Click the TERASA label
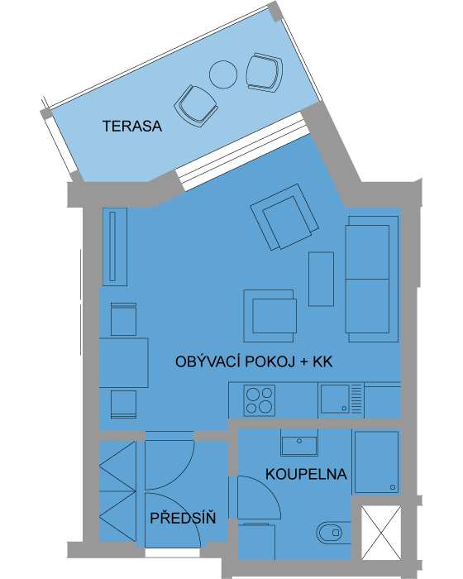pyautogui.click(x=131, y=127)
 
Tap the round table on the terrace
pyautogui.click(x=223, y=74)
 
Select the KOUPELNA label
pyautogui.click(x=306, y=474)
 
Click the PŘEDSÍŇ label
pyautogui.click(x=183, y=518)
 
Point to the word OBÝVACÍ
pyautogui.click(x=208, y=361)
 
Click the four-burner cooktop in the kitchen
pyautogui.click(x=259, y=400)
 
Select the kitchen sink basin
pyautogui.click(x=335, y=399)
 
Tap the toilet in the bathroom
pyautogui.click(x=333, y=533)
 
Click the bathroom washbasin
pyautogui.click(x=299, y=442)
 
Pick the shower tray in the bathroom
pyautogui.click(x=377, y=462)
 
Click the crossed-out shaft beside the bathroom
pyautogui.click(x=381, y=533)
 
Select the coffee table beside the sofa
pyautogui.click(x=322, y=280)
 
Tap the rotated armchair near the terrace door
pyautogui.click(x=284, y=217)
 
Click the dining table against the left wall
pyautogui.click(x=124, y=362)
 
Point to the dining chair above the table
pyautogui.click(x=123, y=319)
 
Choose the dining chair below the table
pyautogui.click(x=123, y=404)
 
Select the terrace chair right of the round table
pyautogui.click(x=265, y=73)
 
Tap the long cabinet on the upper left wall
pyautogui.click(x=115, y=246)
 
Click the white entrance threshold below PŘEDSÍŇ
pyautogui.click(x=173, y=553)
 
